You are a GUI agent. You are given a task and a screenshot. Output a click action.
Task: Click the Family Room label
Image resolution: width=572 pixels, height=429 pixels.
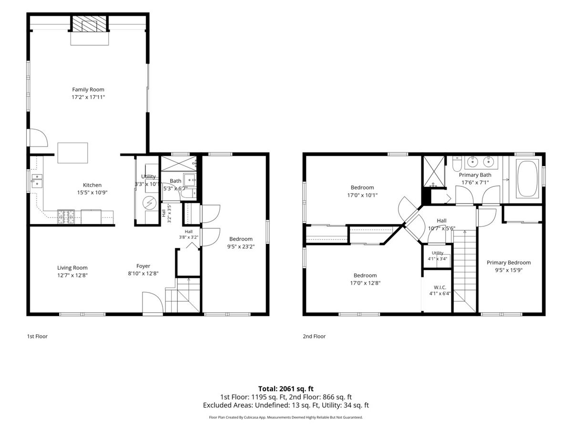[88, 90]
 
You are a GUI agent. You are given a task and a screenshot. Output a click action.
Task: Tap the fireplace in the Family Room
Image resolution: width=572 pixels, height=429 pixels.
[90, 24]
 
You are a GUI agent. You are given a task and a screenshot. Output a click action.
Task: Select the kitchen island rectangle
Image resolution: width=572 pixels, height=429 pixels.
[73, 153]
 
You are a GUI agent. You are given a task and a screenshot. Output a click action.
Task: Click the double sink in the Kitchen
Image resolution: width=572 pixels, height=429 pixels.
[37, 181]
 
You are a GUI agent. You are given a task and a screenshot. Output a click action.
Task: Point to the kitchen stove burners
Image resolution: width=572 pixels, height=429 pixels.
[66, 217]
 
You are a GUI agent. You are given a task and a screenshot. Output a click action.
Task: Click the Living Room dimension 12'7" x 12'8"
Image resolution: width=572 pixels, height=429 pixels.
[72, 276]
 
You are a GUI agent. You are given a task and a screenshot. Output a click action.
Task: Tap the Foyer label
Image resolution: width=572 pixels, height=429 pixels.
[143, 266]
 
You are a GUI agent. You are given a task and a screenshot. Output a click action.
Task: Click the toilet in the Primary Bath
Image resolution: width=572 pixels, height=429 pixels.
[457, 163]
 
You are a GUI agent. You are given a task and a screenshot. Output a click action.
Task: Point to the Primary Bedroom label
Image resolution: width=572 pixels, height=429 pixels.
[509, 263]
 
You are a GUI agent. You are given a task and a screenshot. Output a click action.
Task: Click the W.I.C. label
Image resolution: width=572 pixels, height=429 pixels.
[440, 287]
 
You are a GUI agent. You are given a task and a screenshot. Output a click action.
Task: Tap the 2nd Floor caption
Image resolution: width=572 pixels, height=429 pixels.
[314, 336]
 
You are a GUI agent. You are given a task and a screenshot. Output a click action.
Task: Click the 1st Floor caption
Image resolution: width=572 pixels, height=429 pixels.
[37, 336]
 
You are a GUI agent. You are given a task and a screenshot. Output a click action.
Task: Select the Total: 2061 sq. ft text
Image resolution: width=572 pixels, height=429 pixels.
[286, 389]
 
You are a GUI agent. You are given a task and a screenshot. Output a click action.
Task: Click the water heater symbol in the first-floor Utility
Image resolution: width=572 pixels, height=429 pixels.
[150, 203]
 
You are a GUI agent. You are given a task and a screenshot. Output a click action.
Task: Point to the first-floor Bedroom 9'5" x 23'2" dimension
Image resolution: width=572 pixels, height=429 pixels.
[241, 246]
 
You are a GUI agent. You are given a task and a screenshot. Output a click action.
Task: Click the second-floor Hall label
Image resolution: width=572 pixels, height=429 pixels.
[441, 221]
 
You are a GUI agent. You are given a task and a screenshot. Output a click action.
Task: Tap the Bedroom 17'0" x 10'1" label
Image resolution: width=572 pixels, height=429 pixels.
[362, 191]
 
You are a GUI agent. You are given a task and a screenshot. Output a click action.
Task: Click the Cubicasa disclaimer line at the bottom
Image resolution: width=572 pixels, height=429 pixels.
[286, 417]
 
